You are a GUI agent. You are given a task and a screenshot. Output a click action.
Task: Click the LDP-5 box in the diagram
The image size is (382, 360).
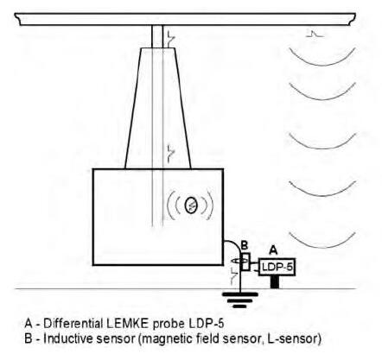pyautogui.click(x=277, y=267)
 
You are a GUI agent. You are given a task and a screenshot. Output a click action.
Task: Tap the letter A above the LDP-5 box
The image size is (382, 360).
pyautogui.click(x=273, y=250)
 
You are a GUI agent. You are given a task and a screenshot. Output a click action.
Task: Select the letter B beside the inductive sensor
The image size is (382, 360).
pyautogui.click(x=244, y=245)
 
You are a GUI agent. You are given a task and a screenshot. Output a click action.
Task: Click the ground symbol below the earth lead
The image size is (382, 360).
pyautogui.click(x=239, y=300)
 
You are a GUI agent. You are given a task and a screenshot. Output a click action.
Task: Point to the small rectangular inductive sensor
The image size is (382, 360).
pyautogui.click(x=245, y=262)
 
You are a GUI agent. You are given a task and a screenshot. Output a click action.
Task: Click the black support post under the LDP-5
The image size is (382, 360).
pyautogui.click(x=275, y=282)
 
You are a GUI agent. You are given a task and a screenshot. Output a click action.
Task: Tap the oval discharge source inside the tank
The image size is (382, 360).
pyautogui.click(x=190, y=205)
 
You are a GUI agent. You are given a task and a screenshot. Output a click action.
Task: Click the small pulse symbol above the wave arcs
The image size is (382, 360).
pyautogui.click(x=315, y=34)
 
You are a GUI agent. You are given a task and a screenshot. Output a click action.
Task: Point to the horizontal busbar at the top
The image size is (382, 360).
pyautogui.click(x=185, y=19)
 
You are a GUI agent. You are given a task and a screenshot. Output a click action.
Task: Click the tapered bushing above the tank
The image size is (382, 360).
pyautogui.click(x=158, y=108)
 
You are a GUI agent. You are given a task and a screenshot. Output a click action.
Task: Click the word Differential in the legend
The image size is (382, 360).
pyautogui.click(x=73, y=324)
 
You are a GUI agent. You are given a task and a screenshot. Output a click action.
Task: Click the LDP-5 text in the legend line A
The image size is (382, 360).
pyautogui.click(x=207, y=324)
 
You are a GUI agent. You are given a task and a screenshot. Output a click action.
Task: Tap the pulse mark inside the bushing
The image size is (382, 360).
pyautogui.click(x=171, y=153)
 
